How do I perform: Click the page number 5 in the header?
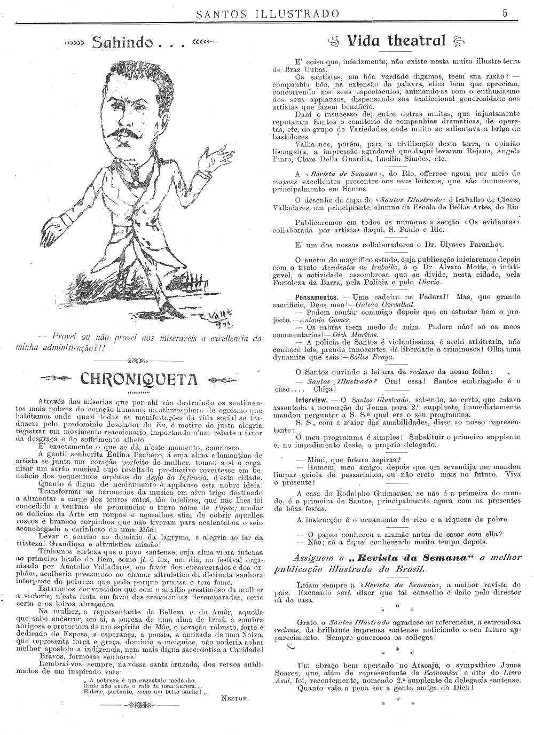pos(505,13)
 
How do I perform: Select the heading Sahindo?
pos(138,43)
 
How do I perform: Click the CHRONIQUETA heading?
pos(138,379)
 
